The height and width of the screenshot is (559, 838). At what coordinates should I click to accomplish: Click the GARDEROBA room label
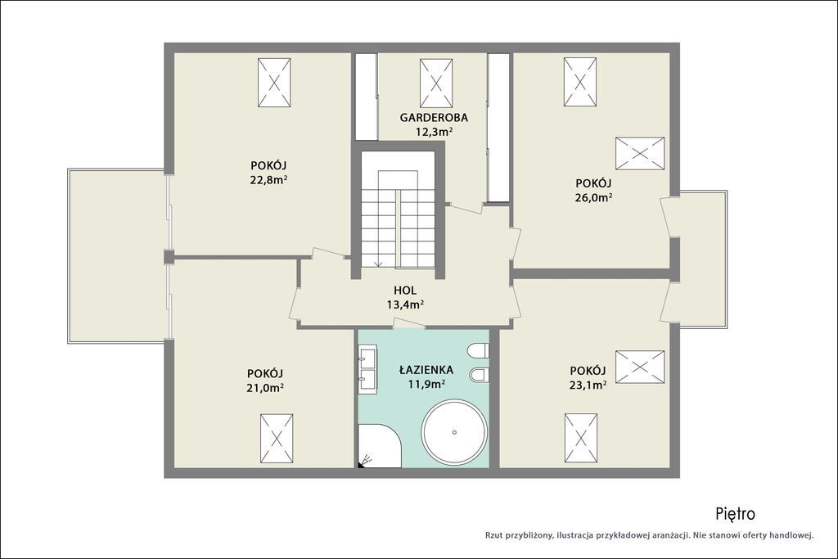point(434,117)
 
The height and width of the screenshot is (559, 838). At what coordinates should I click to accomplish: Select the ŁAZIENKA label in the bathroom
point(426,369)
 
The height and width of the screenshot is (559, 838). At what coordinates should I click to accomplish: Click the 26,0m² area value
point(594,197)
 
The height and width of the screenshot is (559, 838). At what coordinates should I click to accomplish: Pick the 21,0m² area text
point(265,387)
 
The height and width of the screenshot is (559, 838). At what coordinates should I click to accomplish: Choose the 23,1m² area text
point(588,384)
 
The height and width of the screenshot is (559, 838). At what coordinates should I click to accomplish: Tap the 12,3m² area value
point(434,132)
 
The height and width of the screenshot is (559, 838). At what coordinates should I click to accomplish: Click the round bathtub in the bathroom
point(454,432)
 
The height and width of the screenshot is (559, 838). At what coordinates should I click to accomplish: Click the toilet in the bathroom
point(478,352)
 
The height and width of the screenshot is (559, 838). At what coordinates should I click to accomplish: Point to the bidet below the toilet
point(479,375)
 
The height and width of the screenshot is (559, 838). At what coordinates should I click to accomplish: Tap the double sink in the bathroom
point(367,369)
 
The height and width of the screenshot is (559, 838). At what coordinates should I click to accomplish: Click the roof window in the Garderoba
point(436,83)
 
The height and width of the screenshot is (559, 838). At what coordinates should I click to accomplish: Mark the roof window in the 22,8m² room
point(274,83)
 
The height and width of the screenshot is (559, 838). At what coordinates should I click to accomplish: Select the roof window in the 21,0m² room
point(277,438)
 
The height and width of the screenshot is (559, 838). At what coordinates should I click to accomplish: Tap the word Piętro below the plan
point(736,514)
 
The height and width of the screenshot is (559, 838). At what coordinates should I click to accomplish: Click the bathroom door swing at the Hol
point(409,322)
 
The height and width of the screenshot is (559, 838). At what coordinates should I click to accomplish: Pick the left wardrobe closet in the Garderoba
point(367,97)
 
